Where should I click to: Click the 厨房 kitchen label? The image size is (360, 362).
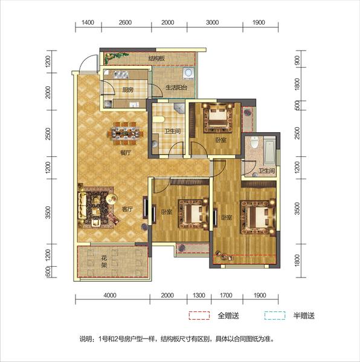(128, 89)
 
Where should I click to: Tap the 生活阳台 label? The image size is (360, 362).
(176, 87)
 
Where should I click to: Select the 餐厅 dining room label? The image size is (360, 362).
(126, 153)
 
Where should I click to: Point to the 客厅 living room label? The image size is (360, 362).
(127, 209)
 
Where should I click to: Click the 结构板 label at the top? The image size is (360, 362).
(156, 58)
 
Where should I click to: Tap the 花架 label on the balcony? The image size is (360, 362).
(104, 262)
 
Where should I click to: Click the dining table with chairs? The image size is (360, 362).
(125, 133)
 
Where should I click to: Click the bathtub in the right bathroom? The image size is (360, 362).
(270, 150)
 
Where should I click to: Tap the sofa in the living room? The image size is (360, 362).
(82, 205)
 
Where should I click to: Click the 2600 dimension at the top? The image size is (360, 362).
(125, 22)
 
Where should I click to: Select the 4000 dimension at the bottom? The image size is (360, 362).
(110, 295)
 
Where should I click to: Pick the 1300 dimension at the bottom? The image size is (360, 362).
(199, 295)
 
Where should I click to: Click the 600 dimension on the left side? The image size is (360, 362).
(48, 271)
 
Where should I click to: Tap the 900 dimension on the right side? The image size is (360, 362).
(297, 60)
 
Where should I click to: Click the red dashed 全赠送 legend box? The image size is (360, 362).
(199, 316)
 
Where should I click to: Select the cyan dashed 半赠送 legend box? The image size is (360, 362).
(275, 316)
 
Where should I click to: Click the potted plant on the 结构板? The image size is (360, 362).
(115, 57)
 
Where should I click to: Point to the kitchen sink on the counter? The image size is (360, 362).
(121, 75)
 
